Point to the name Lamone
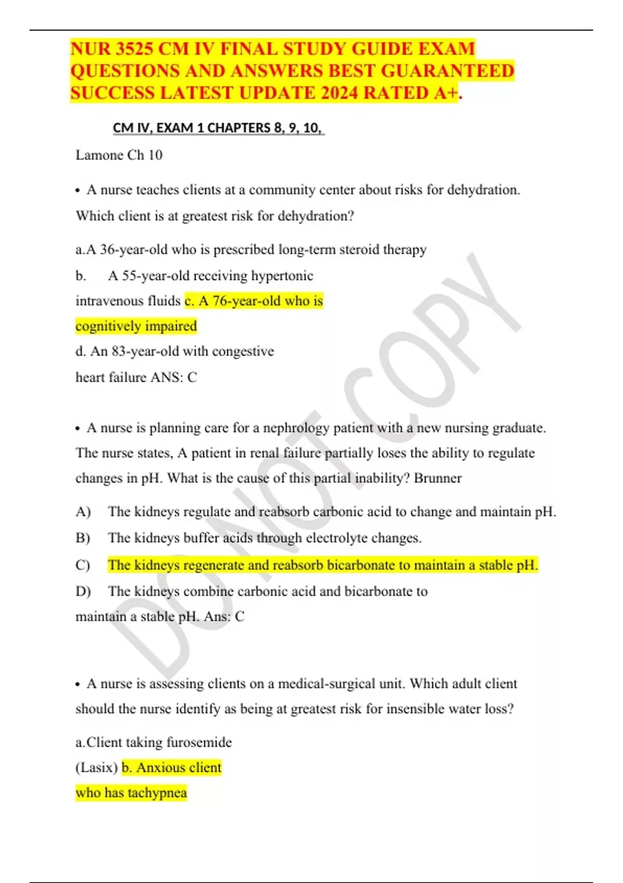[x=99, y=155]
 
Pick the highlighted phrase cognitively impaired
[x=136, y=326]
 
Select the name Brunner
[x=437, y=478]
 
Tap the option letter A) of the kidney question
[x=83, y=512]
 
